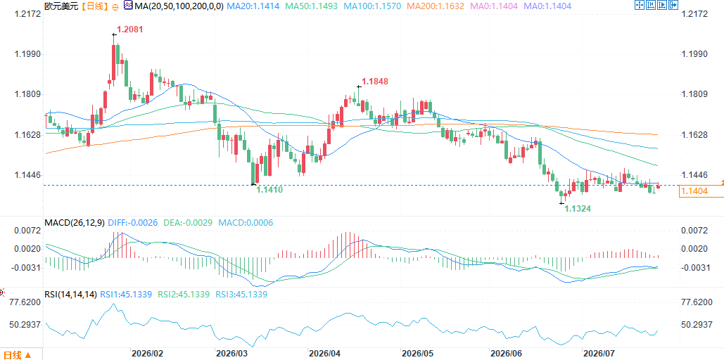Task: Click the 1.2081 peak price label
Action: (129, 30)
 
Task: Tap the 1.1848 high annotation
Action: (375, 82)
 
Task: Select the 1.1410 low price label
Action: (269, 189)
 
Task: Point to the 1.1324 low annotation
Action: (578, 209)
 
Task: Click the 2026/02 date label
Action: (147, 354)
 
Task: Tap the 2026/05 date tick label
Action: (417, 354)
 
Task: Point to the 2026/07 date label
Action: (599, 354)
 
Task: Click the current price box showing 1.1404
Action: (701, 191)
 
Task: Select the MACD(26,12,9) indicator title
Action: (75, 222)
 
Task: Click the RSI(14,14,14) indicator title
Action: (70, 294)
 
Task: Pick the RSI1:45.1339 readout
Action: (127, 294)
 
